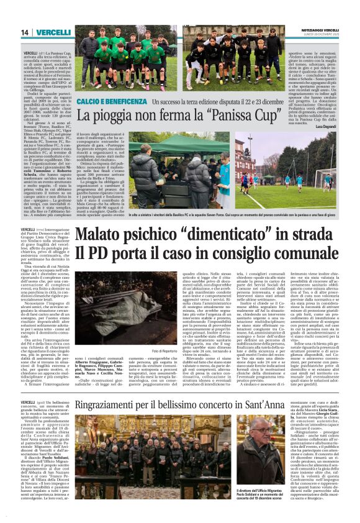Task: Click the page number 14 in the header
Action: (25, 32)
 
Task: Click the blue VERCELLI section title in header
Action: (53, 32)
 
